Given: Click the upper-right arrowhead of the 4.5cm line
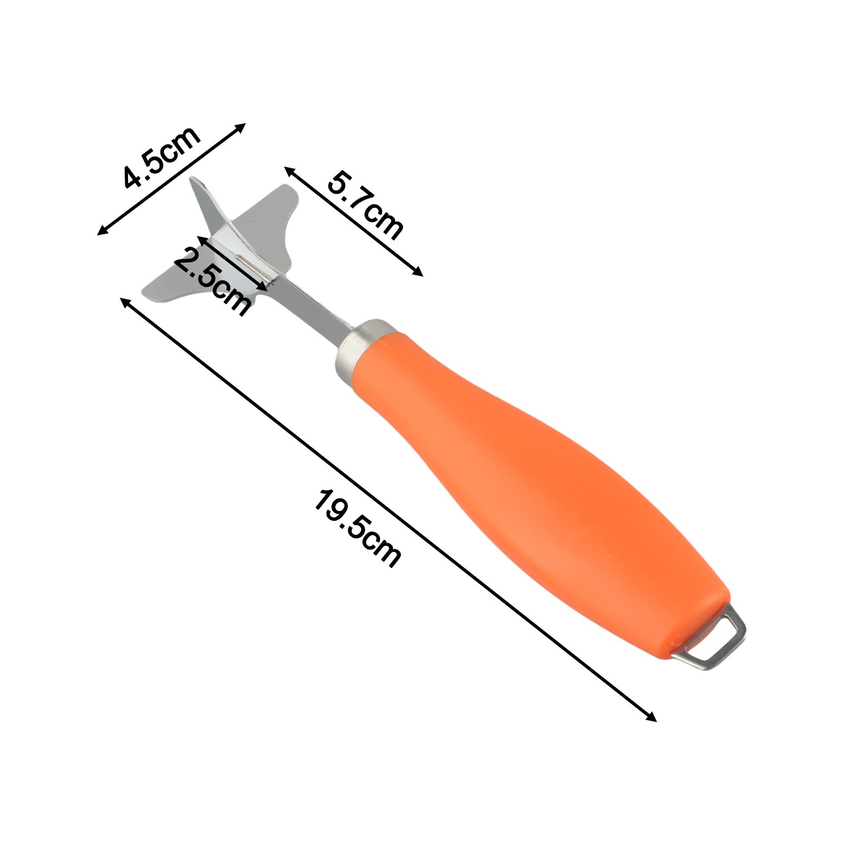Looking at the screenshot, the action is pyautogui.click(x=241, y=127).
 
